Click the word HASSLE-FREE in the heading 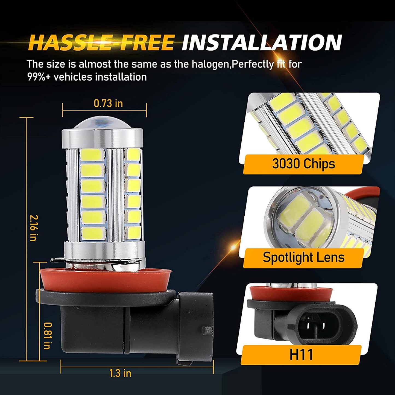[101, 43]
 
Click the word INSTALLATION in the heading [262, 43]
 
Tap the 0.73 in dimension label [108, 103]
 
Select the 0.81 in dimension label [47, 335]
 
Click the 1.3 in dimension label [120, 373]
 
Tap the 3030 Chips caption [303, 164]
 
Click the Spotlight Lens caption [303, 258]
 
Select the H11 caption [301, 355]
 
